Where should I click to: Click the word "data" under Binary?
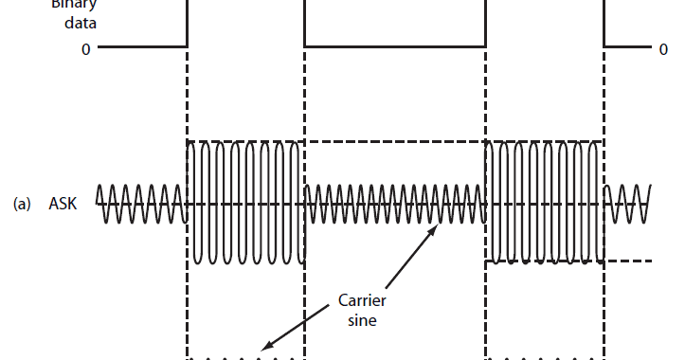click(68, 24)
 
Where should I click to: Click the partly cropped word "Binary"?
click(68, 5)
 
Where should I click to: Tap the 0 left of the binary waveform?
click(85, 46)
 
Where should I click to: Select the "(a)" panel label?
click(23, 203)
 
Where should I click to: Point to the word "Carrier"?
click(362, 301)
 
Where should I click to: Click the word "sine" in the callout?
click(362, 320)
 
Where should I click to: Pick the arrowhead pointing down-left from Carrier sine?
click(267, 348)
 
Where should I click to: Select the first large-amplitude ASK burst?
click(245, 202)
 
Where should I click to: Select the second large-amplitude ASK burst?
click(543, 202)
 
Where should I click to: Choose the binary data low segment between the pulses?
click(394, 45)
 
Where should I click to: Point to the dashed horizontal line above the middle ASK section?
click(394, 142)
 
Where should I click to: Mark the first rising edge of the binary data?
click(188, 24)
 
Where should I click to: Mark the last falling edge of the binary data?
click(604, 24)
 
